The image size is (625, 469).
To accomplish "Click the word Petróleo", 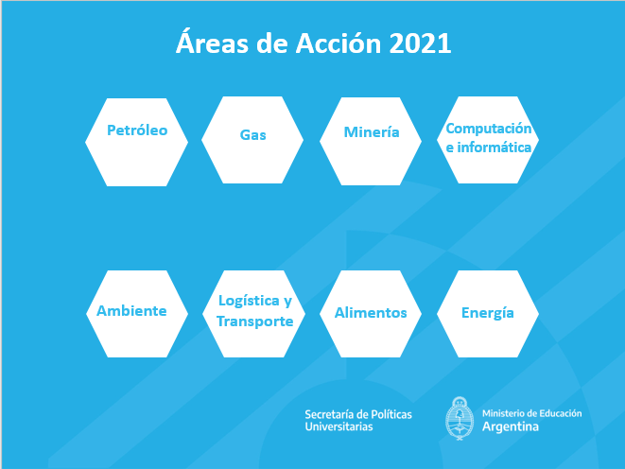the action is pyautogui.click(x=137, y=130).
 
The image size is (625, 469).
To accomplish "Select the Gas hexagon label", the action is pyautogui.click(x=252, y=134).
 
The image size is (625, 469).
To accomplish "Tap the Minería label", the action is pyautogui.click(x=372, y=131).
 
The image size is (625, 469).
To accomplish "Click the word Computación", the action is pyautogui.click(x=488, y=129).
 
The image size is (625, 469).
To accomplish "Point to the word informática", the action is pyautogui.click(x=495, y=148).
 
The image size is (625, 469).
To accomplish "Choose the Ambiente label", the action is pyautogui.click(x=131, y=311).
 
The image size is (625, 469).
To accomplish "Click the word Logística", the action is pyautogui.click(x=249, y=301).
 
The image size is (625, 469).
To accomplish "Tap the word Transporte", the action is pyautogui.click(x=255, y=321).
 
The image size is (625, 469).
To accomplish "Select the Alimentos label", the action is pyautogui.click(x=371, y=313).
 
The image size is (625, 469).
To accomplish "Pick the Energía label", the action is pyautogui.click(x=488, y=313).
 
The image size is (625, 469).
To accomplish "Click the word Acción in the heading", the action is pyautogui.click(x=339, y=43).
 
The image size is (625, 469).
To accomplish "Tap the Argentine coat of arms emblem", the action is pyautogui.click(x=460, y=418).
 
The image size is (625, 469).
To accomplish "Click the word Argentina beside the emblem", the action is pyautogui.click(x=511, y=426).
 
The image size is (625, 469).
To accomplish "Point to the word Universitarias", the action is pyautogui.click(x=339, y=426).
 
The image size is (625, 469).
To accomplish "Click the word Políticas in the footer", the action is pyautogui.click(x=391, y=414).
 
